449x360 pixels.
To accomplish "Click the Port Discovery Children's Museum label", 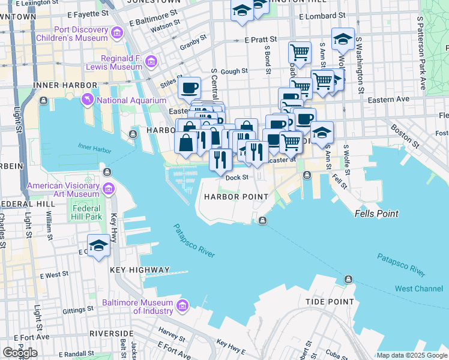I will pyautogui.click(x=80, y=34).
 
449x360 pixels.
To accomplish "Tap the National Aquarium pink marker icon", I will pyautogui.click(x=88, y=100).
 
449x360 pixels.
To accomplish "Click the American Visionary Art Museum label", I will pyautogui.click(x=63, y=190).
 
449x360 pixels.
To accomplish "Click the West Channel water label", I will pyautogui.click(x=418, y=289).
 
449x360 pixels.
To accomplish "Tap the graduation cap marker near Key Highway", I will pyautogui.click(x=98, y=245).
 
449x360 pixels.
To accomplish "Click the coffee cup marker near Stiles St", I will pyautogui.click(x=190, y=88).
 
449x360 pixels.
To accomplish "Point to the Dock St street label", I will pyautogui.click(x=237, y=177).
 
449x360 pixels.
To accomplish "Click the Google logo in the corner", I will pyautogui.click(x=20, y=353).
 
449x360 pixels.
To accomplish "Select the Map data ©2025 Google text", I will pyautogui.click(x=411, y=355).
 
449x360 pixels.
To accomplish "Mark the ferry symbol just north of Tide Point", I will pyautogui.click(x=348, y=280).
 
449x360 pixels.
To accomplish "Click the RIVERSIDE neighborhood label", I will pyautogui.click(x=111, y=333).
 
